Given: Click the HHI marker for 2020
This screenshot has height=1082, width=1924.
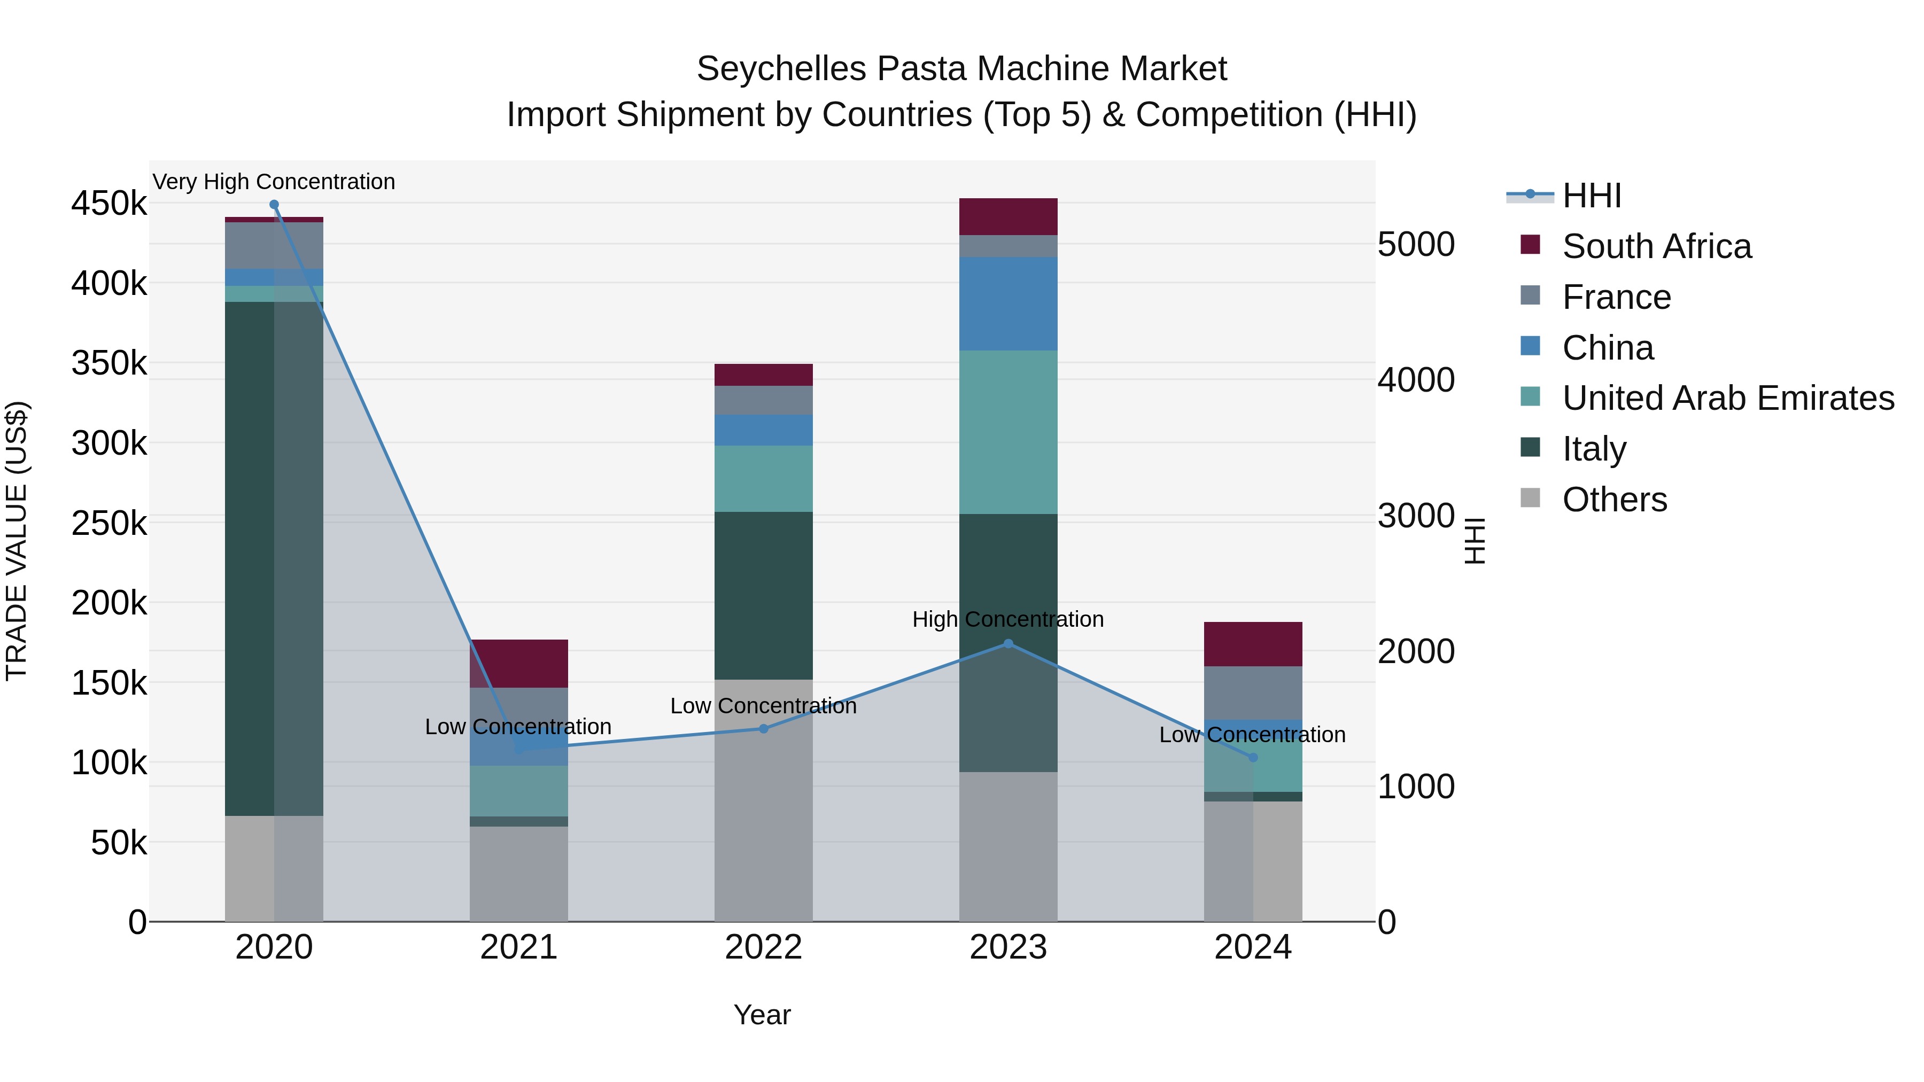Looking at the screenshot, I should point(274,205).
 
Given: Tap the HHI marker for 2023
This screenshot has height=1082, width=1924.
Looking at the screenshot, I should point(1008,644).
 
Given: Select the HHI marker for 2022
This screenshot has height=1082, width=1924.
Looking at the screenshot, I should point(763,729).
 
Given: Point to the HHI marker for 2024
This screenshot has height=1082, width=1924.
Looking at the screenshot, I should point(1253,758).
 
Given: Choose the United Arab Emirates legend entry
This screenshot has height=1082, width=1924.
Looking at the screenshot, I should point(1727,398).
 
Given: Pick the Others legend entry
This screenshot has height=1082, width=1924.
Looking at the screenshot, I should point(1614,500).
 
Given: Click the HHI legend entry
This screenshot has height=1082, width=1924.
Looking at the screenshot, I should point(1591,196).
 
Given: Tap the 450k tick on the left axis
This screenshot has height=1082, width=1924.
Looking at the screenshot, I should point(109,203).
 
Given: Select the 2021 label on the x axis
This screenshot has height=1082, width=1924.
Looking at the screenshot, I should point(518,947).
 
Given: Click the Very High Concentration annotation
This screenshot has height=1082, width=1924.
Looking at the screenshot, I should point(274,182).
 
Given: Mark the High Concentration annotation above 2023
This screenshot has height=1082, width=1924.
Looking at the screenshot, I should point(1008,619).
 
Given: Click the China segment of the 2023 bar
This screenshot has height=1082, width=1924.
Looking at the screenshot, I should point(1008,304).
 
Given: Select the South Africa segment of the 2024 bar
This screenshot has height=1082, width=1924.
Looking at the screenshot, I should point(1253,644).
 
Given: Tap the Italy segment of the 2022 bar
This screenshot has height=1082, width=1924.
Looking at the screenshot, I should point(763,595).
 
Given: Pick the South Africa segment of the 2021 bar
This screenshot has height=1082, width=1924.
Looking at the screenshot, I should point(518,663).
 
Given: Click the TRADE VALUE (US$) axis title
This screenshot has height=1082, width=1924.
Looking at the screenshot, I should point(17,541).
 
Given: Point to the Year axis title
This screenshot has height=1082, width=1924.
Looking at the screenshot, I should point(762,1015).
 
